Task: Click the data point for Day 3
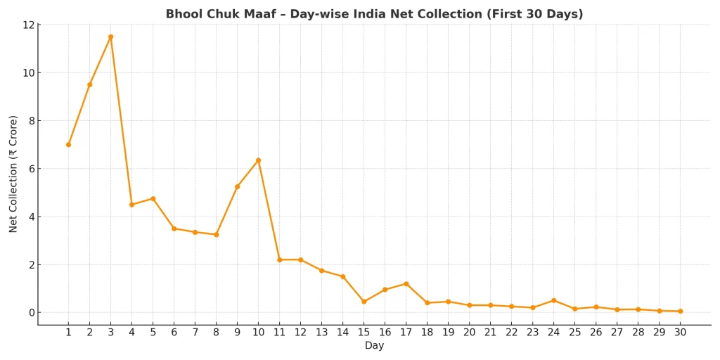pos(110,37)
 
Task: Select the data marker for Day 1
pos(68,145)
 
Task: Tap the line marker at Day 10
pos(258,160)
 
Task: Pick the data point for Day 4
pos(131,205)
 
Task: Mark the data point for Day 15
pos(364,302)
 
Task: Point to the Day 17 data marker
pos(406,284)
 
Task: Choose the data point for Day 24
pos(553,300)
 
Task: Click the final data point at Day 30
pos(680,311)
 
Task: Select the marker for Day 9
pos(237,186)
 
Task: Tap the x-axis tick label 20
pos(469,333)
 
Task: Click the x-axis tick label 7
pos(195,333)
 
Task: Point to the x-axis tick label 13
pos(321,333)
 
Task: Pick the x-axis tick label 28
pos(638,333)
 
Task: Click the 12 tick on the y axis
pos(28,25)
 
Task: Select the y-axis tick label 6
pos(31,169)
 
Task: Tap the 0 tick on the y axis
pos(31,313)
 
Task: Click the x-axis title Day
pos(374,346)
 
